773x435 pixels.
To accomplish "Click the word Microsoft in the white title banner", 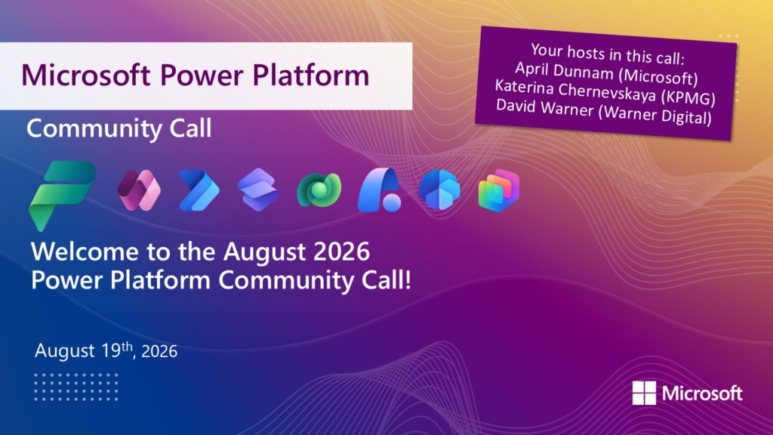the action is pos(86,75).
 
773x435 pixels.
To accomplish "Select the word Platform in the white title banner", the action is pos(310,75).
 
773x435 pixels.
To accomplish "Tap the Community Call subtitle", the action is pos(119,128).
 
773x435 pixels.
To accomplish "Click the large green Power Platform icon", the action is pos(63,196).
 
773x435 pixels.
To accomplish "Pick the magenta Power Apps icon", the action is pos(139,190).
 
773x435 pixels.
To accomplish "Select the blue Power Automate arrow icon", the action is pos(199,190).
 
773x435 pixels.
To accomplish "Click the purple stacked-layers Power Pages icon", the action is pos(258,190).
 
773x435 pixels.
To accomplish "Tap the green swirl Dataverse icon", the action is pos(319,190).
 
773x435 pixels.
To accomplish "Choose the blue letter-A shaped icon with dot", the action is pos(379,190).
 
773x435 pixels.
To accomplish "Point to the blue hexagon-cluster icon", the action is pos(439,190).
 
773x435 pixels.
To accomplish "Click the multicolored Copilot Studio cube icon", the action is pos(499,190).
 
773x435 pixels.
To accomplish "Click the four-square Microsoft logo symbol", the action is pos(644,393).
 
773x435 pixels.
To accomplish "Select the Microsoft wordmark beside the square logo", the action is pos(702,393).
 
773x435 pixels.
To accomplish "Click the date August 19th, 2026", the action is pos(106,350).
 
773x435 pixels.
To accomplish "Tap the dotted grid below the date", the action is pos(76,387).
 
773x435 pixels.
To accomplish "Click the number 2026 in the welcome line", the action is pos(341,251).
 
